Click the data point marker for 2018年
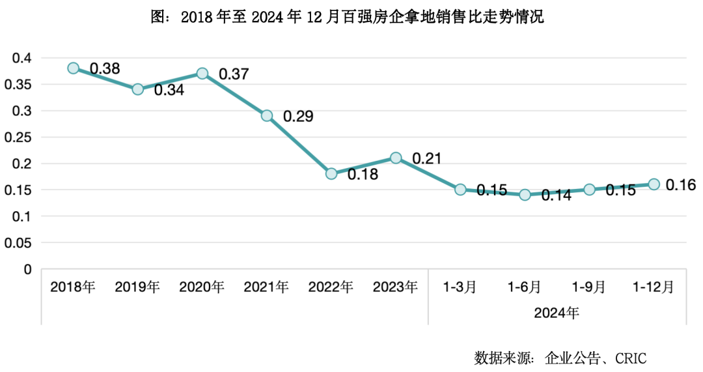pos(74,68)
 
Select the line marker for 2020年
pos(202,74)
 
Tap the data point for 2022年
pos(331,174)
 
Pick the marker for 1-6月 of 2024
pos(525,195)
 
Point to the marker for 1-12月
pos(654,184)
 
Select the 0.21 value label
pos(426,158)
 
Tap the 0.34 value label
pos(169,91)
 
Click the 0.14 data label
pos(555,195)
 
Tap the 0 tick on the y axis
pos(27,269)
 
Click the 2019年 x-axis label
pos(137,287)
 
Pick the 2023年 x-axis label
pos(395,287)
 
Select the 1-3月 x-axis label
pos(460,287)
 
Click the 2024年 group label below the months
pos(557,312)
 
